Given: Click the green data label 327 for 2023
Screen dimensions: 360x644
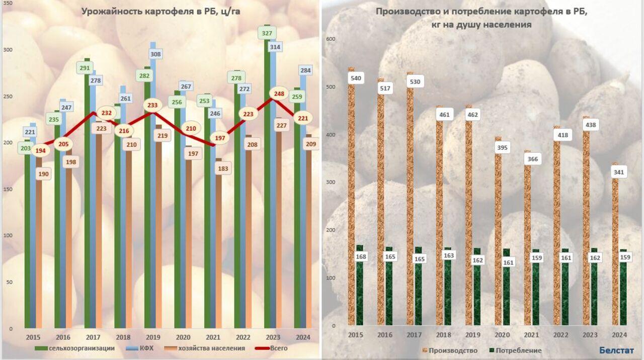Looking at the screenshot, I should (267, 34).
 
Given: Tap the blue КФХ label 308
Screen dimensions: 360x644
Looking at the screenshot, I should (155, 54).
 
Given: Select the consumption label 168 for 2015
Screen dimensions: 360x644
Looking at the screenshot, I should (361, 257).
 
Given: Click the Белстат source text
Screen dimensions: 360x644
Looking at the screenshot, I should (616, 350).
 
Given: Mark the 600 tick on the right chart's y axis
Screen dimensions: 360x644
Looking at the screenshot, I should (330, 39).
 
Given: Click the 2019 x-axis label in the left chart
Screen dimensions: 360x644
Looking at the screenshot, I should (153, 337).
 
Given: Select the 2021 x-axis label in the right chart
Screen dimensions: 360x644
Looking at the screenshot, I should (531, 335).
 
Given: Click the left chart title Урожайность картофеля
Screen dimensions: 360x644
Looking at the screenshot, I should (160, 11).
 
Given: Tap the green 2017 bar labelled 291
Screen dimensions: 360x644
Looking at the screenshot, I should (87, 201).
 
